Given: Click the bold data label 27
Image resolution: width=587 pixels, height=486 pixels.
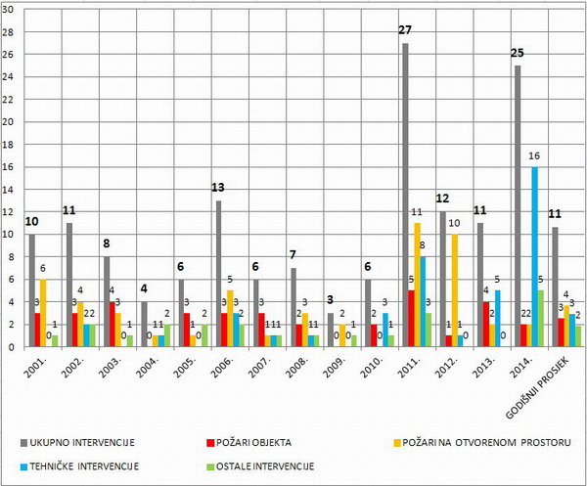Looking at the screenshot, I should [x=404, y=29].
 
